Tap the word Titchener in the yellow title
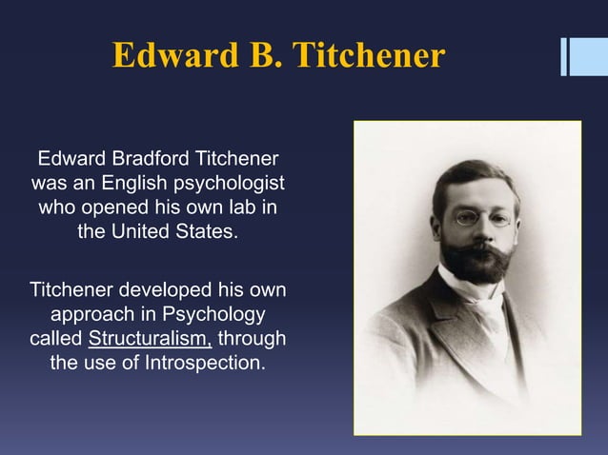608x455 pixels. click(369, 56)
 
